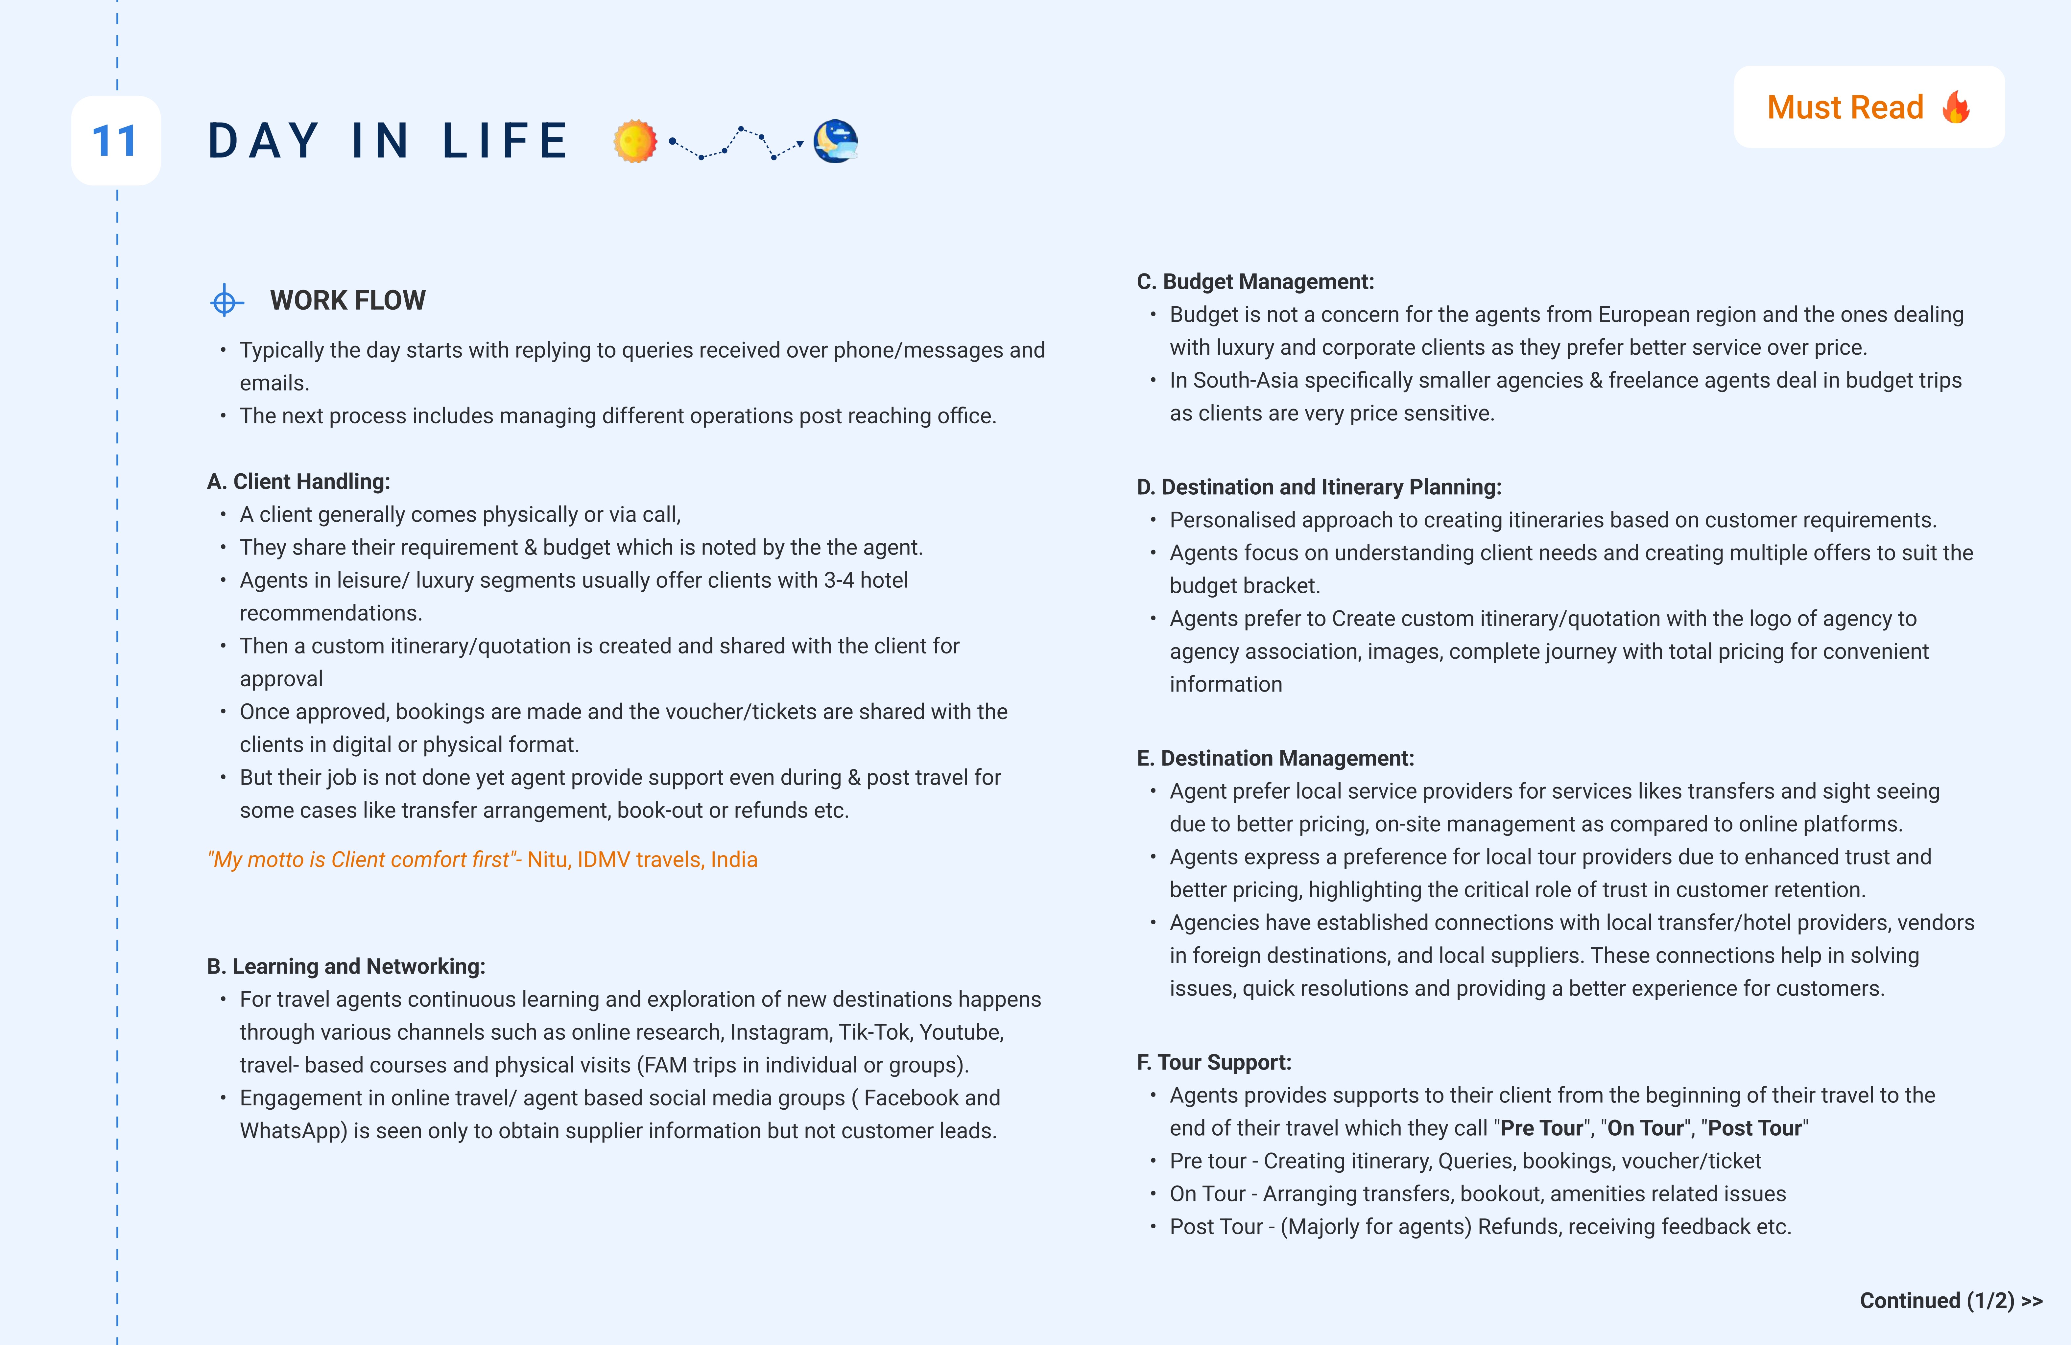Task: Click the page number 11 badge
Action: tap(115, 141)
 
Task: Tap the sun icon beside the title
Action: tap(634, 141)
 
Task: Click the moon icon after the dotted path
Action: tap(835, 141)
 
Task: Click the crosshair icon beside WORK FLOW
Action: tap(225, 301)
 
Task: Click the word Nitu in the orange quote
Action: tap(547, 860)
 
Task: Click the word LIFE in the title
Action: tap(505, 141)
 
